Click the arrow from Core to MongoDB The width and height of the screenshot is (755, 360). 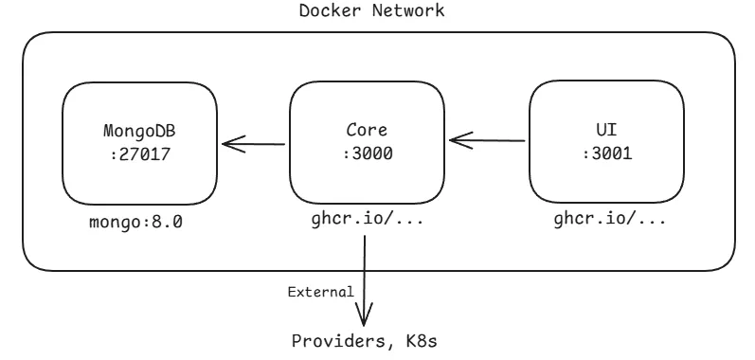[x=254, y=145]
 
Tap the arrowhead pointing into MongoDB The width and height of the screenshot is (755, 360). [x=229, y=145]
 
